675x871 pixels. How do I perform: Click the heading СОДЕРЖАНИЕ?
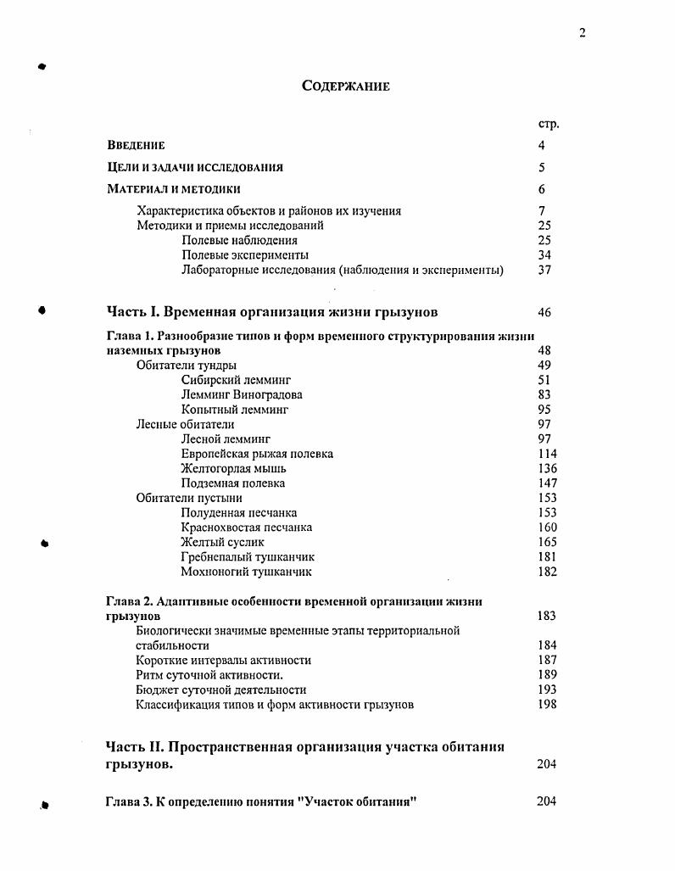pyautogui.click(x=345, y=87)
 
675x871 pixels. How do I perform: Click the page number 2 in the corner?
pyautogui.click(x=583, y=33)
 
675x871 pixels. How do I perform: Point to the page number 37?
pyautogui.click(x=545, y=271)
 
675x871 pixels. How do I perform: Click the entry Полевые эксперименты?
pyautogui.click(x=245, y=255)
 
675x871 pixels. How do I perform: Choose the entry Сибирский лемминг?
pyautogui.click(x=236, y=381)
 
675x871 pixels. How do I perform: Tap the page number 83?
pyautogui.click(x=545, y=395)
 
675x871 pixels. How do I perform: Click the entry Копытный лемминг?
pyautogui.click(x=235, y=410)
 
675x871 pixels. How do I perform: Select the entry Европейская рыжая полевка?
pyautogui.click(x=257, y=454)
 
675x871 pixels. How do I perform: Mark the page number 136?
pyautogui.click(x=547, y=468)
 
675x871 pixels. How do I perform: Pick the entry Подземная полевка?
pyautogui.click(x=233, y=483)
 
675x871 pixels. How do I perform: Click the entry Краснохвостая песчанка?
pyautogui.click(x=247, y=528)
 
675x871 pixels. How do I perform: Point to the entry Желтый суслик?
pyautogui.click(x=223, y=542)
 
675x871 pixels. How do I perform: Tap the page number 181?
pyautogui.click(x=547, y=557)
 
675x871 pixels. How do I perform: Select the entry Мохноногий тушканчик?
pyautogui.click(x=240, y=572)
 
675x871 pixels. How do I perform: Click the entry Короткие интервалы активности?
pyautogui.click(x=223, y=660)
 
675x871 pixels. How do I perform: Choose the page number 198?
pyautogui.click(x=547, y=705)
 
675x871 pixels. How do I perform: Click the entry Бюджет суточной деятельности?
pyautogui.click(x=220, y=690)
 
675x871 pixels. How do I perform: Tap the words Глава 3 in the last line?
pyautogui.click(x=129, y=801)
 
